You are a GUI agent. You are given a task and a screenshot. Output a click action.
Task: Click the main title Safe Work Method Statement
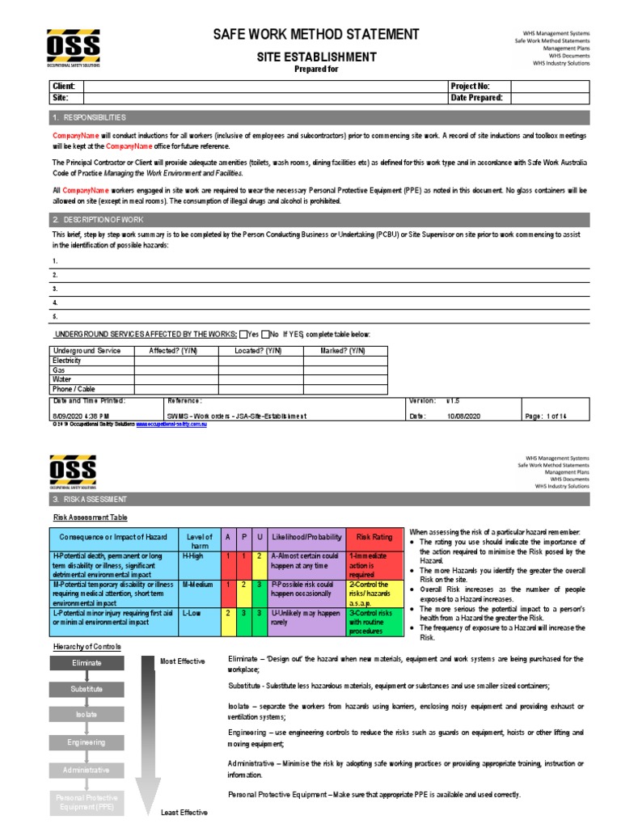[x=316, y=34]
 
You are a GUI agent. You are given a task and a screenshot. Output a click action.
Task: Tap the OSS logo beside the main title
[x=73, y=48]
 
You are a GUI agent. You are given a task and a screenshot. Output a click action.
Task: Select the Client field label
[x=65, y=86]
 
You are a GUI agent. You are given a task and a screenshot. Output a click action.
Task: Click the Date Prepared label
[x=476, y=97]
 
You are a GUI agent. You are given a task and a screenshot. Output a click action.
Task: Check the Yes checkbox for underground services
[x=243, y=334]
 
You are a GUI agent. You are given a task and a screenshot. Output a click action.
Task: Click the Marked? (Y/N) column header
[x=344, y=351]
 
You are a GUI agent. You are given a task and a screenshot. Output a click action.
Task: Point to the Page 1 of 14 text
[x=546, y=416]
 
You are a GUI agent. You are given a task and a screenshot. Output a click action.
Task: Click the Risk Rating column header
[x=374, y=537]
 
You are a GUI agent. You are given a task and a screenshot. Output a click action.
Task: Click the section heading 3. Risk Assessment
[x=90, y=500]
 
